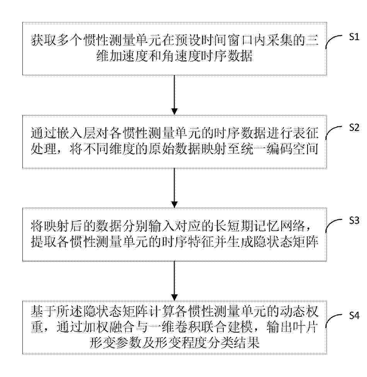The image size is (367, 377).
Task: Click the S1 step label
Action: point(354,37)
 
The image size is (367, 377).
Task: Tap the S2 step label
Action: point(354,128)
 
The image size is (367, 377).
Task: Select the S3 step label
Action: point(354,221)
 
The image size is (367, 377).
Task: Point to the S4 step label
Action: point(354,316)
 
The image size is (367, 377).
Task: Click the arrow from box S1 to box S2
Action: point(174,95)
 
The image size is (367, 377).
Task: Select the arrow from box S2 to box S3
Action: point(174,188)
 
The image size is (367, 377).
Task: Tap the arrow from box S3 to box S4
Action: point(174,280)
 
